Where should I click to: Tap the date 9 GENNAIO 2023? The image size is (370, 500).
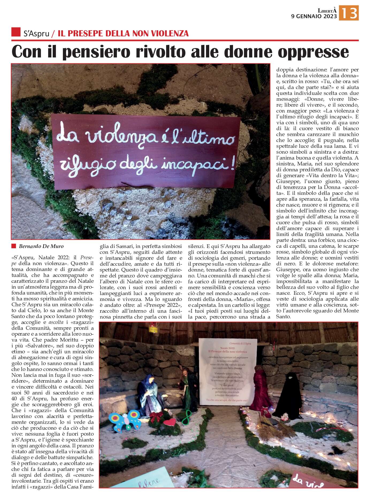(x=314, y=16)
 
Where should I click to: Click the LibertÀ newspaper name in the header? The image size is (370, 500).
(x=327, y=10)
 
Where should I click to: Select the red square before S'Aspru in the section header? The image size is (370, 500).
(x=16, y=32)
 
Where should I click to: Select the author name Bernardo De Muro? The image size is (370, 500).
(x=41, y=246)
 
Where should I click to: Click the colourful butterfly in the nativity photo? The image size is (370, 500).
(x=125, y=420)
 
